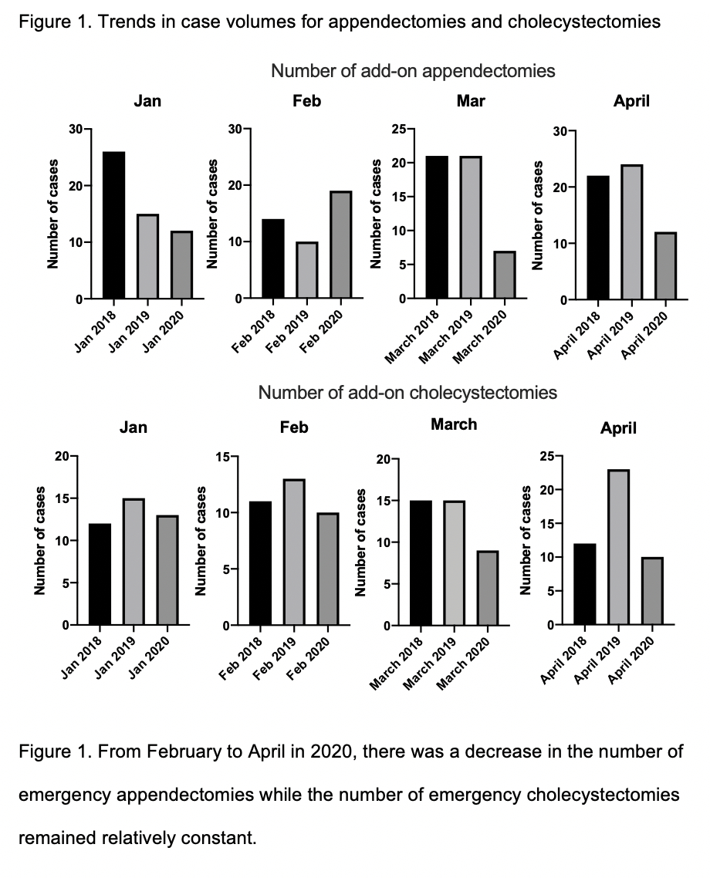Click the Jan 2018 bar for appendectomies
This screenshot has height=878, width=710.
click(113, 225)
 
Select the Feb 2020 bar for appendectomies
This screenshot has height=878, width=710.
click(341, 245)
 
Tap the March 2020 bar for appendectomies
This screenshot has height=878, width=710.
click(505, 275)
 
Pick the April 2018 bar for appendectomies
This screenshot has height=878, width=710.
click(598, 238)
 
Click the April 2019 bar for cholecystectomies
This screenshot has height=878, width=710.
click(619, 547)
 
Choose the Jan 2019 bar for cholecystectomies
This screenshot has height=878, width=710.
click(134, 562)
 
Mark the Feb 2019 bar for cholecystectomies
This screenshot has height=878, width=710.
click(294, 552)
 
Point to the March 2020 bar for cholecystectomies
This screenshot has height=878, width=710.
click(488, 588)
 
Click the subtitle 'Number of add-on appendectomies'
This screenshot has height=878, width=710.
click(413, 71)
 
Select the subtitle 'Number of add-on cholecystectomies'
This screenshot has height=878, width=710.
click(407, 393)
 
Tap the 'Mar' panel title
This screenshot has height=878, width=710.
click(471, 101)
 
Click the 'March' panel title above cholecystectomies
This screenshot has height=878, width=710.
click(454, 424)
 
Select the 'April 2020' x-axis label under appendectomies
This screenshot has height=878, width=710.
click(645, 336)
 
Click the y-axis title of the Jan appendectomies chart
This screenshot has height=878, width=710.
click(52, 214)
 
